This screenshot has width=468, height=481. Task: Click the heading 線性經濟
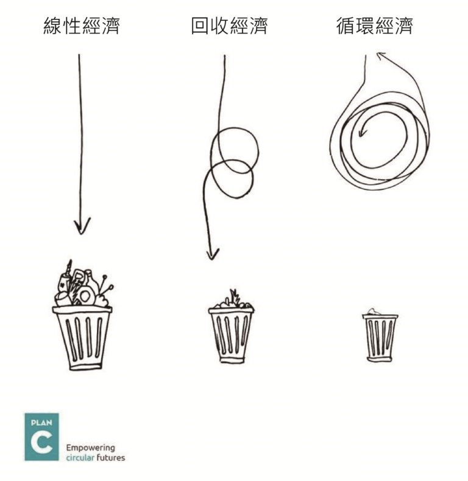click(x=82, y=26)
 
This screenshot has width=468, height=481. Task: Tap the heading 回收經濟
click(x=229, y=26)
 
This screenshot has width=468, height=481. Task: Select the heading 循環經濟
click(x=375, y=26)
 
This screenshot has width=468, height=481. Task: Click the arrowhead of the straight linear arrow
click(x=82, y=226)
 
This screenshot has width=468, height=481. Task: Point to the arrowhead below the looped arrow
click(x=212, y=253)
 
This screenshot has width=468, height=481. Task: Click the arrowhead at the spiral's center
click(x=363, y=132)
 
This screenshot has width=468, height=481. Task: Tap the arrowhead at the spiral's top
click(x=381, y=56)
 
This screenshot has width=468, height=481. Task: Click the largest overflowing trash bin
click(x=82, y=315)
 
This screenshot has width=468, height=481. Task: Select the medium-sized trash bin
click(x=231, y=326)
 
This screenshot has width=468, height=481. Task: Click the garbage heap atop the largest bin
click(x=83, y=284)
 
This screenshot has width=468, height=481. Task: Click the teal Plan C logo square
click(x=42, y=437)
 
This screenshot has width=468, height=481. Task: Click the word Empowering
click(x=91, y=448)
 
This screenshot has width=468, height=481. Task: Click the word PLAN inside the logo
click(x=41, y=423)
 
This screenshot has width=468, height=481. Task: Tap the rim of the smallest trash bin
click(x=380, y=317)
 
